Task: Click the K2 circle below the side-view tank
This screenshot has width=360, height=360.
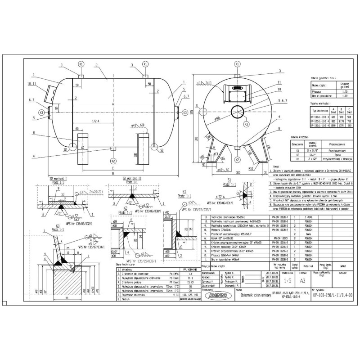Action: pos(112,161)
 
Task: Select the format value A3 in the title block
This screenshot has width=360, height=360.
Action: pos(303,279)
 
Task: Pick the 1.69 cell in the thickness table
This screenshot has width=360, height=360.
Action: pos(346,95)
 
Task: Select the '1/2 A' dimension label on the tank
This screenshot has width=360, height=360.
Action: pos(95,121)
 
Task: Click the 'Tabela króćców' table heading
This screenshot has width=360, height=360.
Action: pos(300,136)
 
